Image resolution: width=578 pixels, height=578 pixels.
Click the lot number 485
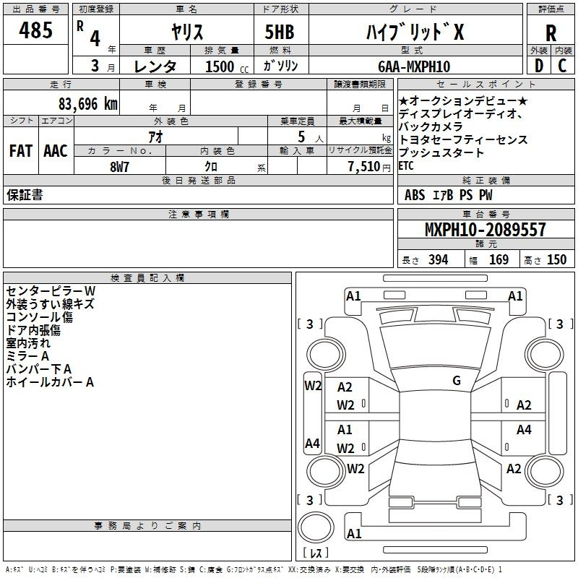36,31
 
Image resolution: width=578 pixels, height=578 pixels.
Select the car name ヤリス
186,33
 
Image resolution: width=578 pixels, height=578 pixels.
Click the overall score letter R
551,33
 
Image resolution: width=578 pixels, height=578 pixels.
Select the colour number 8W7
119,166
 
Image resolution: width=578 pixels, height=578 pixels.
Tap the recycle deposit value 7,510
363,166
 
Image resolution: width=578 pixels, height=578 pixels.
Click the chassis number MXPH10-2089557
485,230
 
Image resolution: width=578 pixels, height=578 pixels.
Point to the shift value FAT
20,151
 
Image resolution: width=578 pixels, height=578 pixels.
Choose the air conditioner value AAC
56,151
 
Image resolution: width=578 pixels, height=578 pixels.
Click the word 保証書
25,195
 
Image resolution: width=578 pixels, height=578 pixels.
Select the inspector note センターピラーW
51,290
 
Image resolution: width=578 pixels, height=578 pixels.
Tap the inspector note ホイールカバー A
50,382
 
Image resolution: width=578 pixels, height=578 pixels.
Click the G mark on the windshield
456,381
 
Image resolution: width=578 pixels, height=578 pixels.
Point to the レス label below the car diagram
315,553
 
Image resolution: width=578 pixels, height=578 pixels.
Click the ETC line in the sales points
407,165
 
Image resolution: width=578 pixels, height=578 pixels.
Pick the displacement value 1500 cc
225,66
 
